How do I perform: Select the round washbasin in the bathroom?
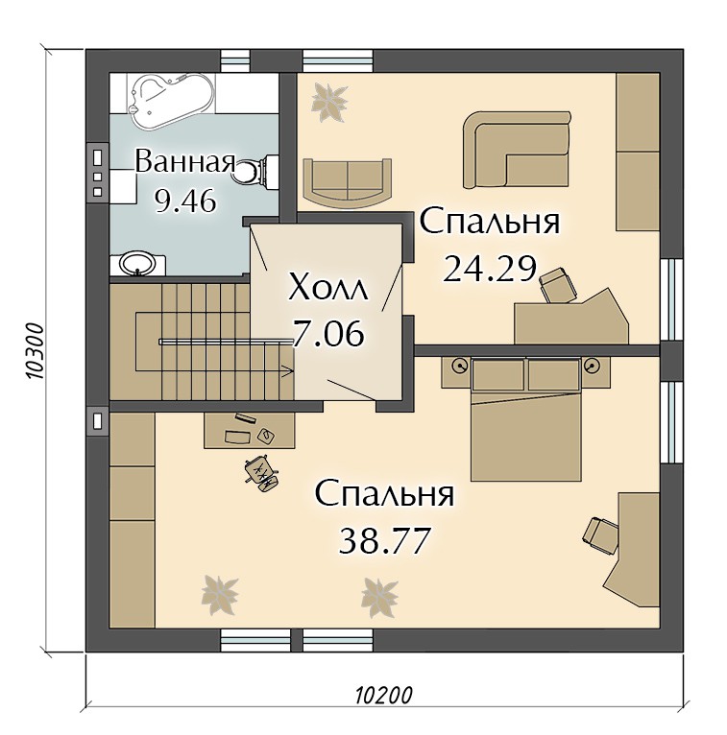click(x=137, y=264)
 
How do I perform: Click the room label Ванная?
click(x=185, y=162)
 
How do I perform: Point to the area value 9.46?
click(x=185, y=202)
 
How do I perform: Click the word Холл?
click(x=328, y=287)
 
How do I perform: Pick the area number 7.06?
click(x=327, y=334)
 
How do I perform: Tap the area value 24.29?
click(x=490, y=269)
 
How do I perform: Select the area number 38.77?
click(x=384, y=540)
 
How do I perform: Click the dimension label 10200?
click(x=383, y=696)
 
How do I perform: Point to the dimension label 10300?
click(x=35, y=350)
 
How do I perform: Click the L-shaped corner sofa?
click(x=516, y=150)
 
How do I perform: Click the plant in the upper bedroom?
click(x=330, y=103)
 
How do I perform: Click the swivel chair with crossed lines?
click(x=262, y=473)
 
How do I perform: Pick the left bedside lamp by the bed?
click(x=460, y=366)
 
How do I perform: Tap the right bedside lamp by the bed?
click(x=593, y=365)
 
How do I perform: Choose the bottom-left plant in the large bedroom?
click(x=220, y=595)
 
